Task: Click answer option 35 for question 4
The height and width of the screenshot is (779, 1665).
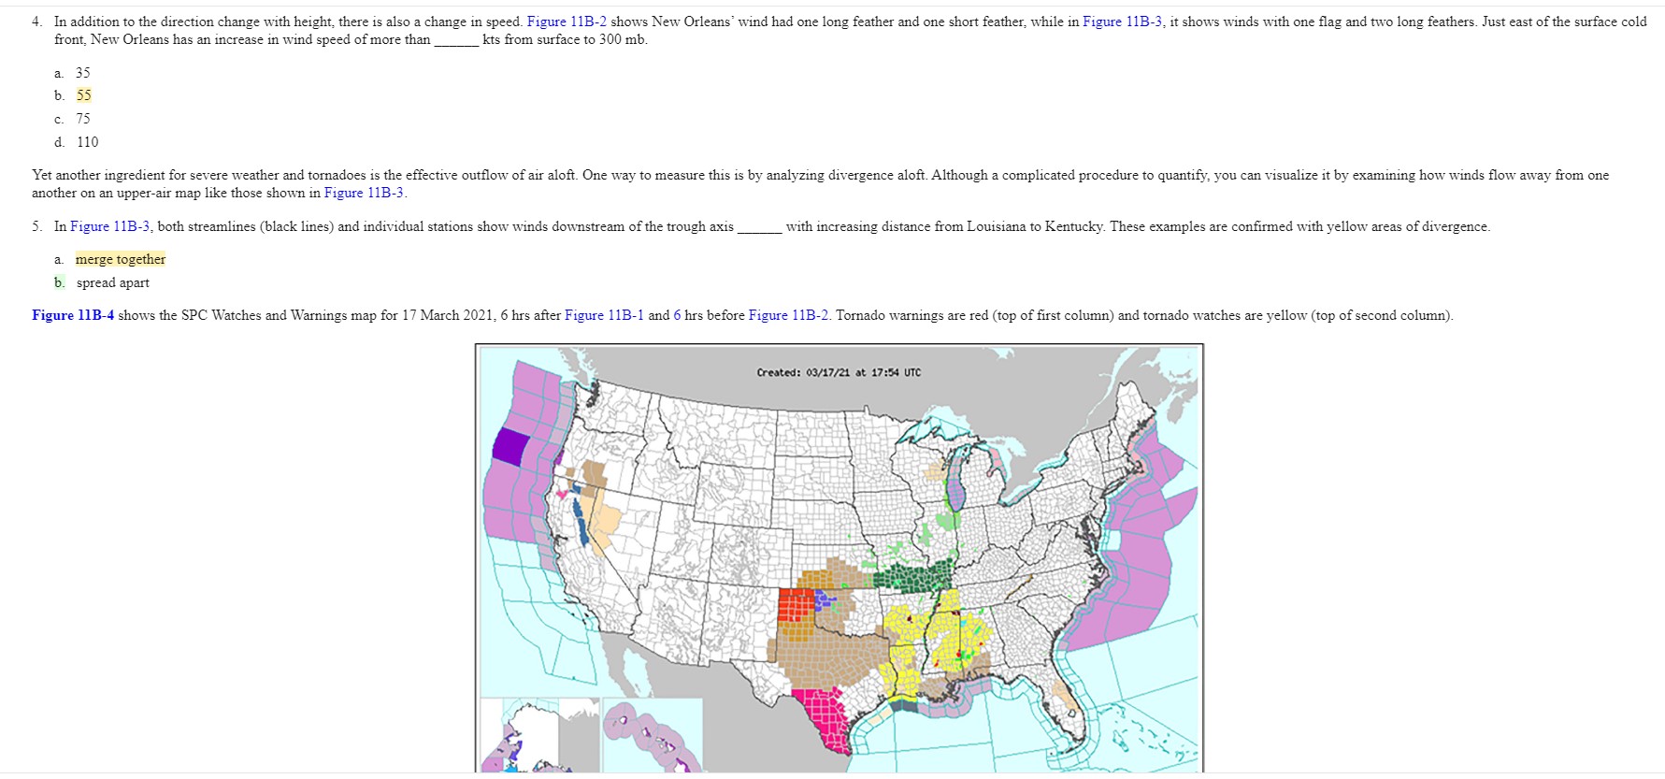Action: (x=83, y=73)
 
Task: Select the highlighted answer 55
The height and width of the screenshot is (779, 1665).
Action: (x=84, y=95)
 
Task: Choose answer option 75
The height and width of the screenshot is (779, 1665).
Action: (x=83, y=119)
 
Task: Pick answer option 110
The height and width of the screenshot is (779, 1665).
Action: (x=87, y=142)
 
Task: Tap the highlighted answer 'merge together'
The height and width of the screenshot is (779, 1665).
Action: (x=121, y=259)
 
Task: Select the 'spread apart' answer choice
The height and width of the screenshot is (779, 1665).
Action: (x=112, y=282)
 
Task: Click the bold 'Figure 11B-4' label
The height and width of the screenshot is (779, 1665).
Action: (x=73, y=315)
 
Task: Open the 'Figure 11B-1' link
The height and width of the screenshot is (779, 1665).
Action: (x=604, y=315)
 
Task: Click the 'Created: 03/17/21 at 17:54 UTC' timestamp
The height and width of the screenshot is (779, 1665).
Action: (x=838, y=372)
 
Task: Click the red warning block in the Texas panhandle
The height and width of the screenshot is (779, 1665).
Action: (x=795, y=605)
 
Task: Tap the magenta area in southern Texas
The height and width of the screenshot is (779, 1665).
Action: (x=824, y=714)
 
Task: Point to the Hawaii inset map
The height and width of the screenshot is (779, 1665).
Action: (x=651, y=734)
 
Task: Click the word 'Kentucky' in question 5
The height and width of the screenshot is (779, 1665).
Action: (x=1074, y=226)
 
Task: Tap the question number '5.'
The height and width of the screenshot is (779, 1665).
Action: (x=36, y=226)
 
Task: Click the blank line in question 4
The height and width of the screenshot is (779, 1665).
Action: (x=456, y=40)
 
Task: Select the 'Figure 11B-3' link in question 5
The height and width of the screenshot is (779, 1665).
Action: (x=109, y=226)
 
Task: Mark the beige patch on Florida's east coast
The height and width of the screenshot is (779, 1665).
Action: (x=1062, y=693)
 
